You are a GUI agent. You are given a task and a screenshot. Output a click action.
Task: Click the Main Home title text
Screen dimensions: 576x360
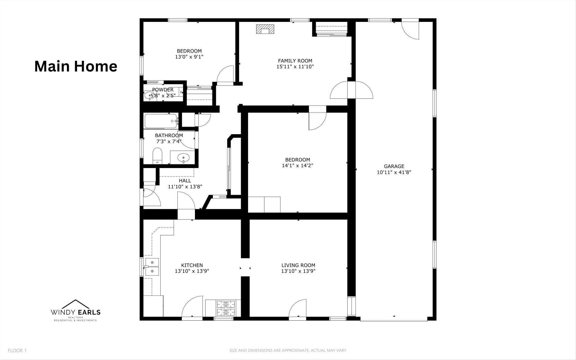coord(76,66)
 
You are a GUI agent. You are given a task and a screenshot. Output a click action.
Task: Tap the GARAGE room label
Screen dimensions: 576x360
coord(394,166)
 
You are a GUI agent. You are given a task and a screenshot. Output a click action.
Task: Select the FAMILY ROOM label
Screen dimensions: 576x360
coord(295,61)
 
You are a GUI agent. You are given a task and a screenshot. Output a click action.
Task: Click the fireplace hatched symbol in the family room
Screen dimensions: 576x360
coord(265,29)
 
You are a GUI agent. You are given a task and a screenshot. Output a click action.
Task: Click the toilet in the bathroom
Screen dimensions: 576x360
coord(157,156)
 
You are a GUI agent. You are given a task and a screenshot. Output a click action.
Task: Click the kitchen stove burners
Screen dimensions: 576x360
coord(225,308)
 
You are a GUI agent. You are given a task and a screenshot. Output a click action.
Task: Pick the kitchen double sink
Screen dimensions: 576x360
coord(152,267)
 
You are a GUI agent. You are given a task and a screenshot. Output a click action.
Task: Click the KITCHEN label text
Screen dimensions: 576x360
coord(192,265)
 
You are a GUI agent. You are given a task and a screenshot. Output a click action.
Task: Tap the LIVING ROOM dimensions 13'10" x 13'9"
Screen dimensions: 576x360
coord(298,271)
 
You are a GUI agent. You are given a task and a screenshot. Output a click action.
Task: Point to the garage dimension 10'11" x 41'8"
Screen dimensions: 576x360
coord(394,172)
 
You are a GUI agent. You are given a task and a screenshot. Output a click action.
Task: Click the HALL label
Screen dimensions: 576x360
coord(185,181)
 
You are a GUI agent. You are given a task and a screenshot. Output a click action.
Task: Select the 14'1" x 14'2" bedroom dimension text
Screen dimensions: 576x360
coord(298,166)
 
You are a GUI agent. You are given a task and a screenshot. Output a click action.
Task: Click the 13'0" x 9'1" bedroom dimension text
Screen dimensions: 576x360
coord(189,57)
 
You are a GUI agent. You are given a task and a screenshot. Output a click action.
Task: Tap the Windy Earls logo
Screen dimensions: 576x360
coord(75,310)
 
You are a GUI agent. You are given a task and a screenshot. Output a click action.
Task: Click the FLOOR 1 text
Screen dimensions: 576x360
coord(17,350)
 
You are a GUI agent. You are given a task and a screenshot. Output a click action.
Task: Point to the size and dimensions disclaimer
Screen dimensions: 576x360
coord(288,350)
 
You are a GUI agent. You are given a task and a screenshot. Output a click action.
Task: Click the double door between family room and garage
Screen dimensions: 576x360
coord(352,90)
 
